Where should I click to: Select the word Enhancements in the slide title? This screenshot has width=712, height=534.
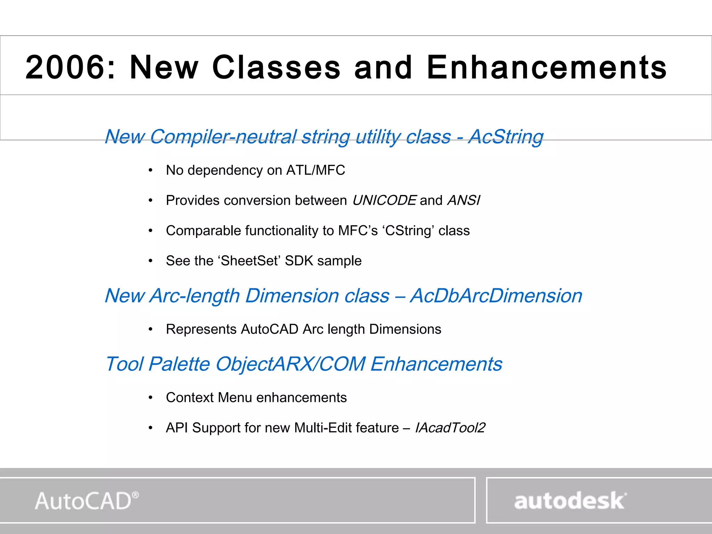coord(547,67)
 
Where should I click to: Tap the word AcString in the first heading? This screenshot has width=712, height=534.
coord(506,136)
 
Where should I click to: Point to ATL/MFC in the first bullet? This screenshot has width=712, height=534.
coord(315,170)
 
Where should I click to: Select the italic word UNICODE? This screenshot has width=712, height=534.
coord(384,201)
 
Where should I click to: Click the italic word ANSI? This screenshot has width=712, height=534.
coord(464,201)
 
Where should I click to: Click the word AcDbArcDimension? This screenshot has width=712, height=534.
coord(496,296)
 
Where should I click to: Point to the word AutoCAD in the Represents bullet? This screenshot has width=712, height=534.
coord(269,329)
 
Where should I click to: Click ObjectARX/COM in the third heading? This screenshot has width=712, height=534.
coord(290,364)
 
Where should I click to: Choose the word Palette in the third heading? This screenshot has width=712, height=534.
coord(179,364)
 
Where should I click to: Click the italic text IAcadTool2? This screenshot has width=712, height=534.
coord(450,428)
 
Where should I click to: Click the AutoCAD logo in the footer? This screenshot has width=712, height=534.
coord(87,501)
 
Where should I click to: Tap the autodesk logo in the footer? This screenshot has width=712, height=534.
coord(570,501)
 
